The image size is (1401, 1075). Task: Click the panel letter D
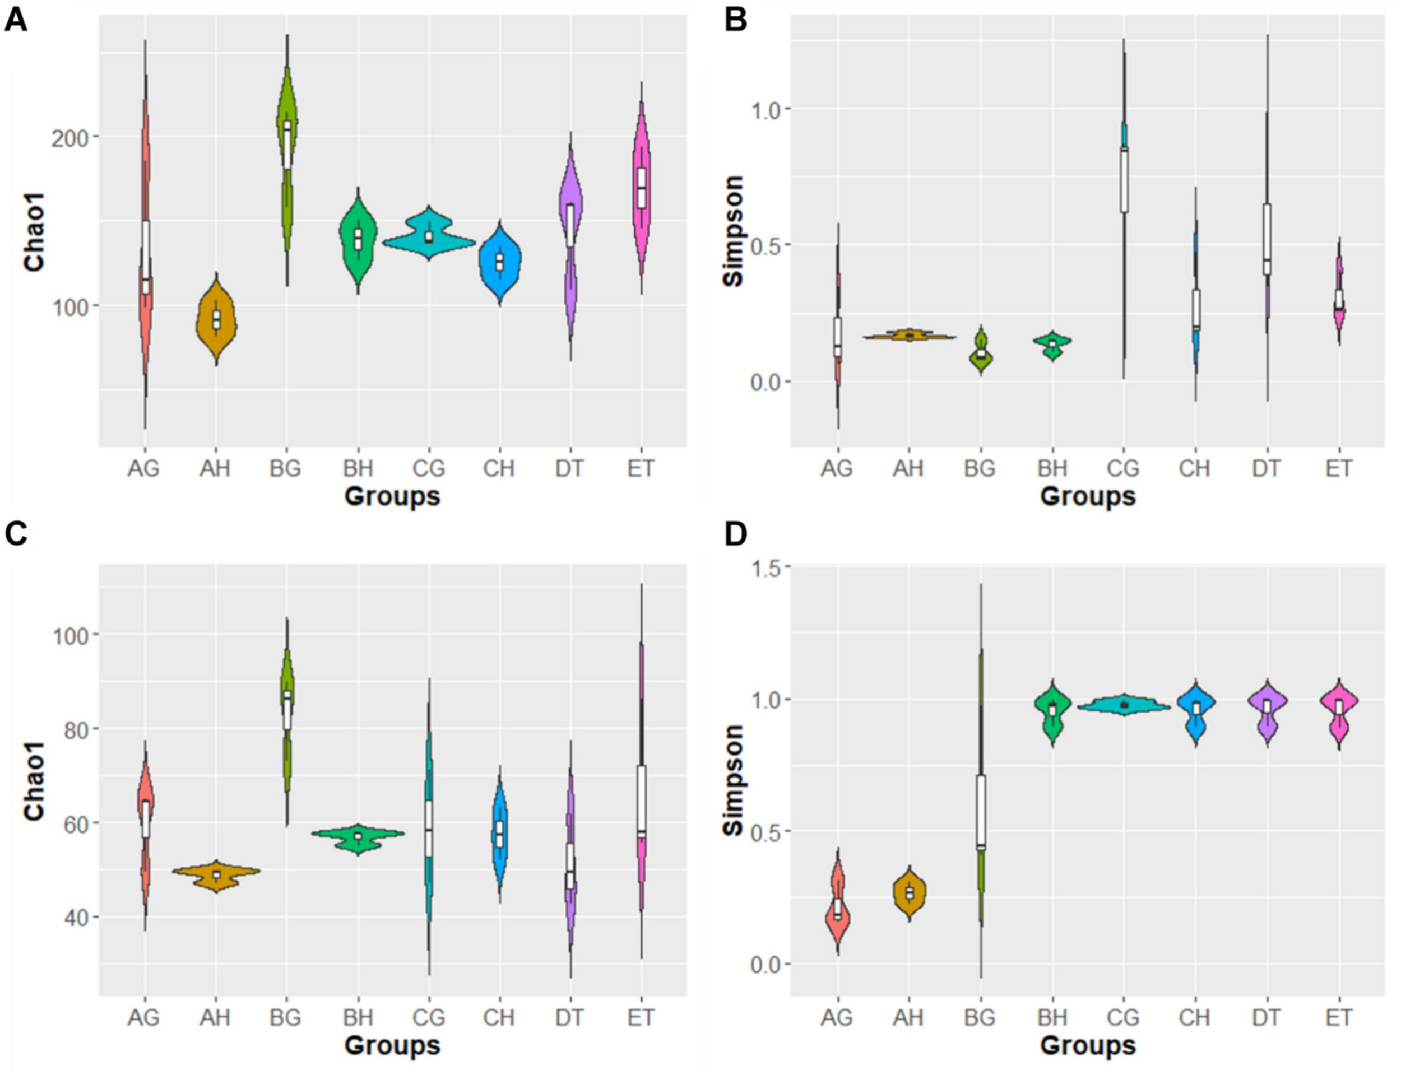[x=735, y=534]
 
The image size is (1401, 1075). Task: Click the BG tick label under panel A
[x=285, y=469]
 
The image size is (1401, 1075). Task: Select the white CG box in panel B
[x=1124, y=179]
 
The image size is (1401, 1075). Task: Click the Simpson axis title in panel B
[x=734, y=231]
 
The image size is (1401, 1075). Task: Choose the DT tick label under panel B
[x=1266, y=469]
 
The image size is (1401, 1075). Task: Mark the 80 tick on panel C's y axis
[x=77, y=729]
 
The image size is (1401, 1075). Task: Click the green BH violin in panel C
[x=359, y=836]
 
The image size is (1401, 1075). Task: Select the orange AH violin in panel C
[x=216, y=874]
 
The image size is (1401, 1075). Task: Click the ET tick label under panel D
[x=1338, y=1018]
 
